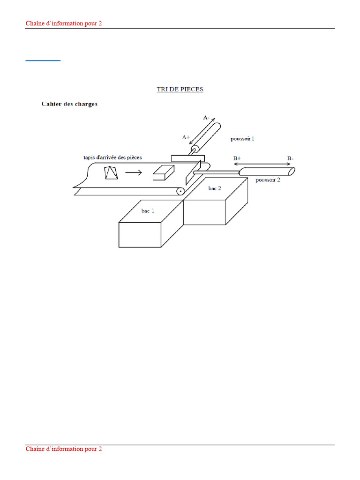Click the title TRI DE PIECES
(x=180, y=89)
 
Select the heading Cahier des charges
(x=69, y=104)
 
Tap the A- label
(x=206, y=118)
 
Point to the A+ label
(x=186, y=137)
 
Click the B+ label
(x=237, y=158)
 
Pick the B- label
(x=290, y=158)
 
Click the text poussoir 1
(x=242, y=139)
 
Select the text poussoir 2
(x=268, y=180)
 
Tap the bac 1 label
(x=148, y=211)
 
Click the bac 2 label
(x=215, y=188)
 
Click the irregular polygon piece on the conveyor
(x=111, y=172)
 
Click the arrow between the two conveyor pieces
(x=134, y=172)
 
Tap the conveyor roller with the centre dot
(x=180, y=191)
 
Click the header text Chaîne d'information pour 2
(x=64, y=23)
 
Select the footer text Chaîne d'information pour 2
(x=64, y=449)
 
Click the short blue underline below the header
(x=43, y=60)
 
